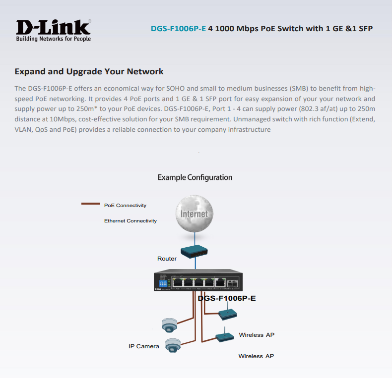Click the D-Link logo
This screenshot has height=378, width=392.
[x=53, y=27]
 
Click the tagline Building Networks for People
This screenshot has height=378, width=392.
[x=53, y=39]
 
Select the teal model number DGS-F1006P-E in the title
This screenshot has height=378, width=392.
[x=178, y=28]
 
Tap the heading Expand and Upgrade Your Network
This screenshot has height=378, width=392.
[x=89, y=71]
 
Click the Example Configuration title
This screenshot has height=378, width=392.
[x=195, y=177]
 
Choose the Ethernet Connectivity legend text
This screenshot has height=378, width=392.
[x=130, y=220]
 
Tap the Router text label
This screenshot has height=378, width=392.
[x=167, y=259]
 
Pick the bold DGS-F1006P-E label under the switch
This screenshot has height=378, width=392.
[x=226, y=299]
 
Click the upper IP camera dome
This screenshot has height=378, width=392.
[x=168, y=324]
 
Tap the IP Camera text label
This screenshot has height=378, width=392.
[x=143, y=346]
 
